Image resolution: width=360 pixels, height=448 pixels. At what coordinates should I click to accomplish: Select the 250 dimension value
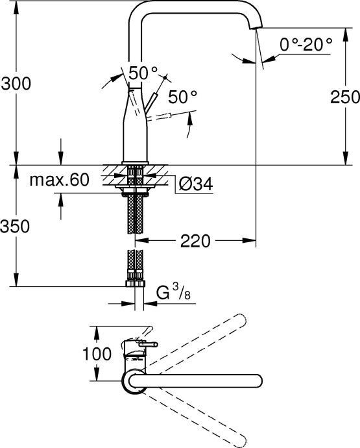coord(344,97)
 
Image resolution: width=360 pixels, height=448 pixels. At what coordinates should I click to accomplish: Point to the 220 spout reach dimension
coord(195,241)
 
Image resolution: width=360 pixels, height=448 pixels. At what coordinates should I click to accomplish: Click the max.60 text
coord(58,180)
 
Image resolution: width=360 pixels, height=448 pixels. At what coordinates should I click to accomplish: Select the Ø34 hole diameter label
coord(195,184)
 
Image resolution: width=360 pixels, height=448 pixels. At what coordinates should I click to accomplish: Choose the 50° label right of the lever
coord(182,97)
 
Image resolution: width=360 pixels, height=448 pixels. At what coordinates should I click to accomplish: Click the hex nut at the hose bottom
coord(136,281)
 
